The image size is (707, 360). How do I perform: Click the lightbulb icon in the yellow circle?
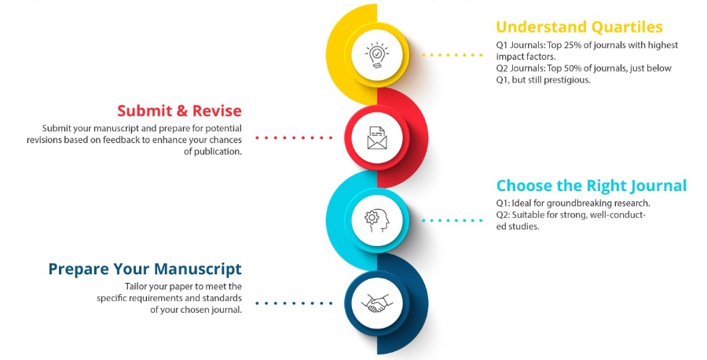click(377, 54)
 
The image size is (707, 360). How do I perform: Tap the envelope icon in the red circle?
click(377, 138)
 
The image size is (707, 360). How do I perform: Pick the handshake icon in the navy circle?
click(377, 303)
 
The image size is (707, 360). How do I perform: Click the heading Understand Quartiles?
click(579, 27)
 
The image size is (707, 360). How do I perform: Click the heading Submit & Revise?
click(179, 110)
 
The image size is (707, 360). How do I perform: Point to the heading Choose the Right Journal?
click(591, 186)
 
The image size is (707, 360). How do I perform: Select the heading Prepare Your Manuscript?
click(145, 269)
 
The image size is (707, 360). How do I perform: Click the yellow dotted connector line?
click(452, 55)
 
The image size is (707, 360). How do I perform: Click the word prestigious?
click(566, 80)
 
